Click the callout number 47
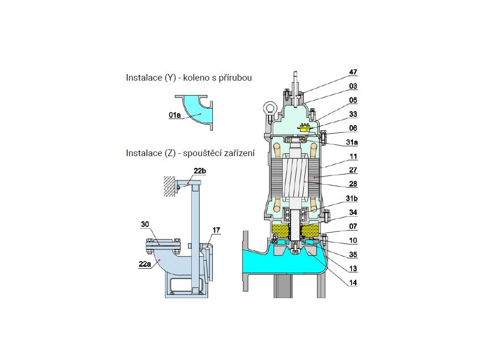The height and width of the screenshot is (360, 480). (352, 72)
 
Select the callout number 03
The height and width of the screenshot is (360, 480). (352, 86)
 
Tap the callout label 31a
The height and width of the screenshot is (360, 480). (352, 142)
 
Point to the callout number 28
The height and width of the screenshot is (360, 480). (352, 185)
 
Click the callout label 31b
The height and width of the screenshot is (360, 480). (352, 199)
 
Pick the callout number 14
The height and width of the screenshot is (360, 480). (352, 283)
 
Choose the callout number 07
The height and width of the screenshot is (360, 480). (352, 227)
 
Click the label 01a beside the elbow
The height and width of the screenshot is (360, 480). (175, 114)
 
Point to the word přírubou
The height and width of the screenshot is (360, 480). (232, 78)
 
